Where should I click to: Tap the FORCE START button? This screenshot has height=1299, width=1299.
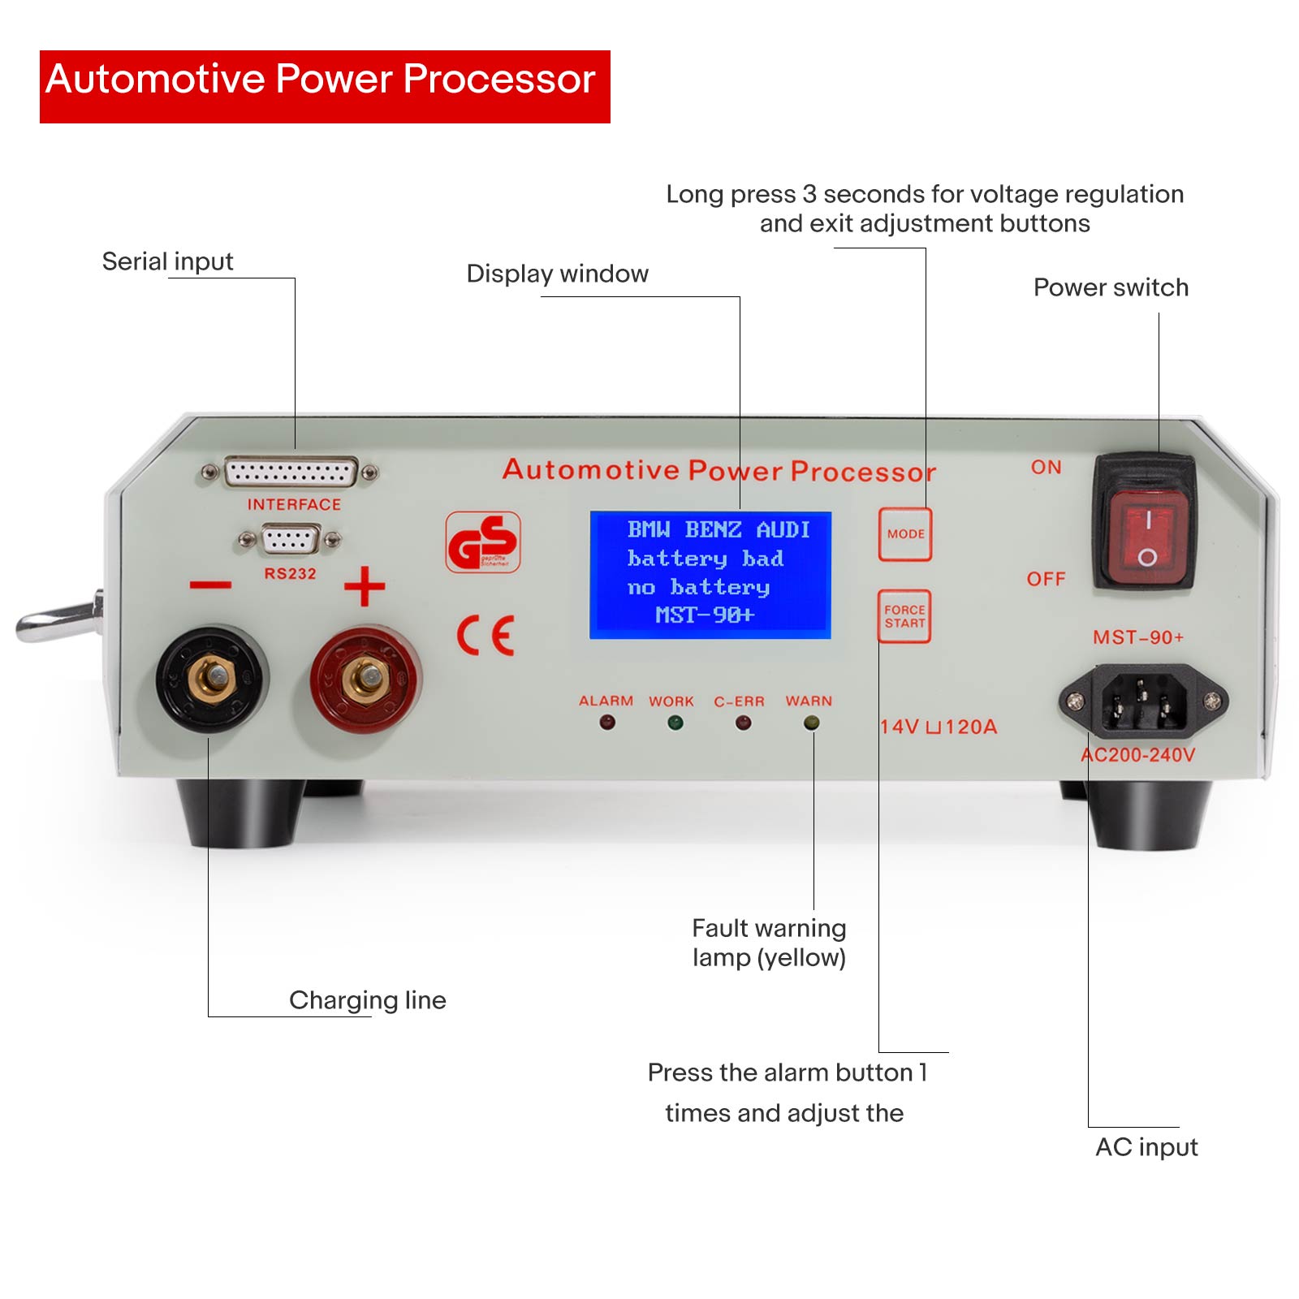[904, 616]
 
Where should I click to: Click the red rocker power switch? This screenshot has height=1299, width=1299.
[1148, 535]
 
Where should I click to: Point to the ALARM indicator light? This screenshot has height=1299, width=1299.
[606, 722]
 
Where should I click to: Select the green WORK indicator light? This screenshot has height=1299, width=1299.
[675, 722]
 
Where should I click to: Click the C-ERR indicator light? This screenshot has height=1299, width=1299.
[742, 722]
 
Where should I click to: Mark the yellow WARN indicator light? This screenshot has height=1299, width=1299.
[810, 722]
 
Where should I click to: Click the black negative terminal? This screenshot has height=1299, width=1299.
[213, 678]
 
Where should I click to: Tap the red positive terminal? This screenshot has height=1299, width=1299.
[366, 678]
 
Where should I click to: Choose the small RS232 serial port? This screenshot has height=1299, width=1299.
[290, 539]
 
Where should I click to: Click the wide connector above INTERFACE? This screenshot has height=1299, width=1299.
[290, 472]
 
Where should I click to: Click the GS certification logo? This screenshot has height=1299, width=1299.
[483, 542]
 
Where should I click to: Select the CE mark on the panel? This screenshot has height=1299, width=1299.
[486, 635]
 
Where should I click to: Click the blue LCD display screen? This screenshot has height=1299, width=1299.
[710, 575]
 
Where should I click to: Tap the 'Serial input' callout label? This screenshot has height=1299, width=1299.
[167, 261]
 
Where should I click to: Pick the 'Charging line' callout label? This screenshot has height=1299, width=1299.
[368, 1000]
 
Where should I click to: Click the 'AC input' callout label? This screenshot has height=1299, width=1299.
[1146, 1146]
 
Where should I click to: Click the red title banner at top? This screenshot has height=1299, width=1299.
[325, 87]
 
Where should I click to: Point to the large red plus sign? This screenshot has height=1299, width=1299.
[365, 586]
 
